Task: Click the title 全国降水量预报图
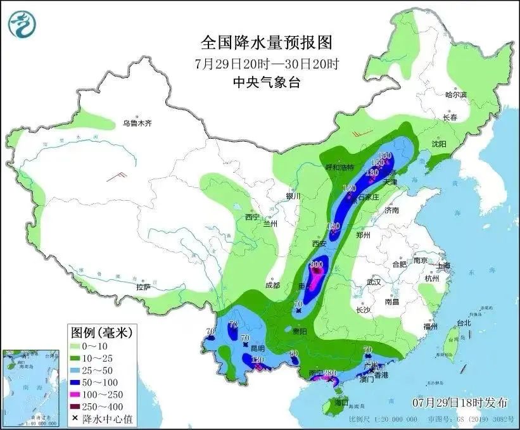[x=266, y=42]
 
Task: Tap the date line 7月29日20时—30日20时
[x=266, y=63]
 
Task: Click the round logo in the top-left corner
[x=23, y=23]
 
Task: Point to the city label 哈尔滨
[x=455, y=95]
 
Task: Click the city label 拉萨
[x=143, y=287]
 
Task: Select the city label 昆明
[x=258, y=348]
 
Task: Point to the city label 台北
[x=464, y=323]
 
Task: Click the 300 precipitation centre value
[x=317, y=264]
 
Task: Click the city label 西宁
[x=253, y=217]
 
